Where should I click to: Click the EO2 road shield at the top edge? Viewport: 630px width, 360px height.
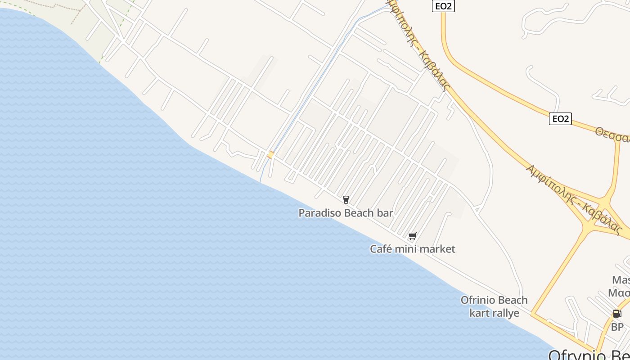pyautogui.click(x=443, y=6)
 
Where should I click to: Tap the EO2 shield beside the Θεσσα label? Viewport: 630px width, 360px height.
pyautogui.click(x=560, y=119)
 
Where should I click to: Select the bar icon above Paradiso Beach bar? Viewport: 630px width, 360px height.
pyautogui.click(x=346, y=199)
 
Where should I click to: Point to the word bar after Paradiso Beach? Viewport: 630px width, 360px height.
pyautogui.click(x=385, y=213)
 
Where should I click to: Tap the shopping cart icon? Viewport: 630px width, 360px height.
pyautogui.click(x=412, y=236)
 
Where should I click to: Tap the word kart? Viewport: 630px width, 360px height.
pyautogui.click(x=479, y=313)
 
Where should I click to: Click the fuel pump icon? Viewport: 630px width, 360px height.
pyautogui.click(x=616, y=314)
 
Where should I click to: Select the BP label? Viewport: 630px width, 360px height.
pyautogui.click(x=617, y=327)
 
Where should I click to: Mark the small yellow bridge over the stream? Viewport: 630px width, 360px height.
pyautogui.click(x=270, y=155)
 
